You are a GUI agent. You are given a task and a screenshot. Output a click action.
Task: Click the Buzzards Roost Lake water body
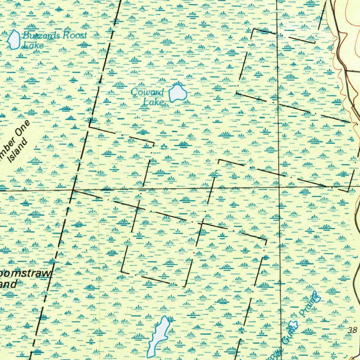(x=14, y=39)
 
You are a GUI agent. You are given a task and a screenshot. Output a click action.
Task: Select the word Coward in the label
(x=147, y=92)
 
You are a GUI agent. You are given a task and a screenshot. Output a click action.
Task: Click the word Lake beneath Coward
(x=153, y=102)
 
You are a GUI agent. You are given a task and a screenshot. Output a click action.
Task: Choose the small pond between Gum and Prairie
(x=292, y=325)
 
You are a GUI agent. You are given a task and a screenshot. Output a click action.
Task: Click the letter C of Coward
(x=134, y=92)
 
